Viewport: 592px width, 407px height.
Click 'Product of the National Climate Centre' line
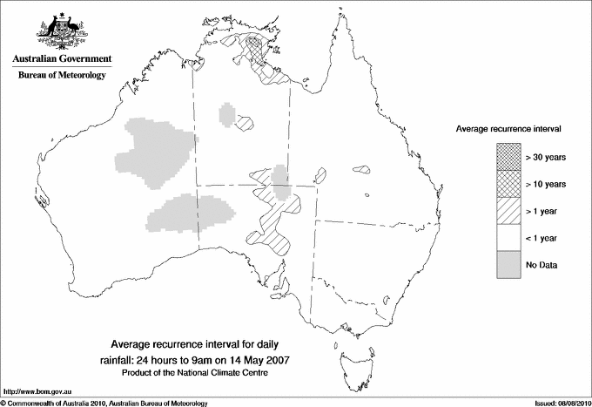[x=197, y=374]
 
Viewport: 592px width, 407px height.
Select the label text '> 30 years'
[x=546, y=158]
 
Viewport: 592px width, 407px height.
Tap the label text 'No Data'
[x=541, y=264]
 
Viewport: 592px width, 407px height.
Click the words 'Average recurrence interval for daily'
[x=197, y=343]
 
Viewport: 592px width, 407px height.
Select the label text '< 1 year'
[x=542, y=237]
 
